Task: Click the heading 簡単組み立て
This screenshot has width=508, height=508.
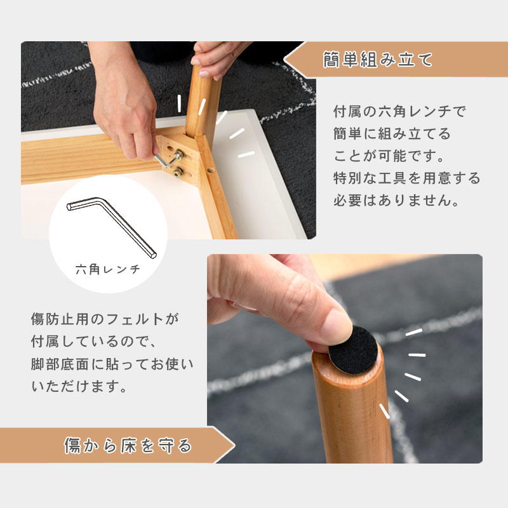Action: [x=377, y=60]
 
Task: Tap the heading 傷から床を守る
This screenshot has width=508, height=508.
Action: [x=128, y=445]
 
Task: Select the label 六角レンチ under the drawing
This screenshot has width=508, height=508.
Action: [x=108, y=269]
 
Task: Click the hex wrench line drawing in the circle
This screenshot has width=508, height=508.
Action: [x=112, y=227]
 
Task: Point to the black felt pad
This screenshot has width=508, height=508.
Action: [x=354, y=350]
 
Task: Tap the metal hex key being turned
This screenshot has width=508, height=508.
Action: [x=167, y=160]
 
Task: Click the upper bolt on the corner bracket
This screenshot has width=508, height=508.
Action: [x=179, y=154]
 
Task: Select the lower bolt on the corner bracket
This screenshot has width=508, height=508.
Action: [x=178, y=173]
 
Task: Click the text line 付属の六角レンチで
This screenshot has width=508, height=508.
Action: [x=399, y=112]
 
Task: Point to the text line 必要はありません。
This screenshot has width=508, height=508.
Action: [x=396, y=200]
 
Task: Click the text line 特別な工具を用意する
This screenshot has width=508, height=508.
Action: [x=407, y=178]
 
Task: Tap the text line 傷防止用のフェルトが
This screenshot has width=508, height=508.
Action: [x=105, y=319]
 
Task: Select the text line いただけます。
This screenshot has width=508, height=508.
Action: [x=79, y=386]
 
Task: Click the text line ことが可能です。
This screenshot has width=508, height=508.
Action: [x=389, y=156]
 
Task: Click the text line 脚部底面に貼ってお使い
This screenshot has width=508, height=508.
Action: [x=112, y=364]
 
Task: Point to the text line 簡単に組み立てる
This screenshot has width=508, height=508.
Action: [x=392, y=133]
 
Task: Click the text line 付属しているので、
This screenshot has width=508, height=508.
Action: [x=94, y=342]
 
